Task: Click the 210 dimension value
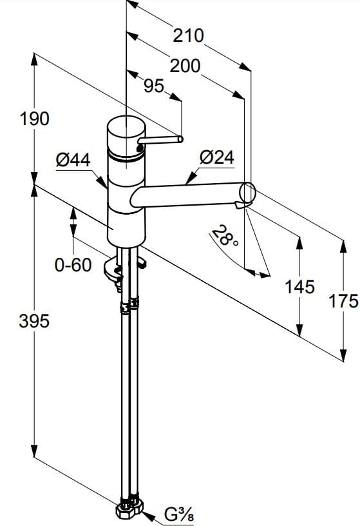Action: tap(189, 35)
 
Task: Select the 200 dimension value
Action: tap(185, 66)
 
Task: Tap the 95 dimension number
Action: tap(154, 86)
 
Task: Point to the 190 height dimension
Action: tap(35, 119)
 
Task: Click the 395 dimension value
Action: tap(34, 321)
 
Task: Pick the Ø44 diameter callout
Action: tap(73, 160)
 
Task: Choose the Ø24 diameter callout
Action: tap(217, 157)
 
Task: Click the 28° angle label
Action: tap(225, 235)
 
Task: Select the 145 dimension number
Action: tap(299, 287)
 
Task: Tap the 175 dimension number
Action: tap(343, 301)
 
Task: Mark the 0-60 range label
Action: tap(73, 265)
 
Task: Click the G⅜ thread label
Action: tap(178, 514)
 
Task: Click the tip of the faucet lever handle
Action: tap(181, 139)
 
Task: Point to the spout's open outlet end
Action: tap(247, 193)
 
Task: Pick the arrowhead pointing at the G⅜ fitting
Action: tap(148, 516)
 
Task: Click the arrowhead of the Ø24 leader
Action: tap(190, 178)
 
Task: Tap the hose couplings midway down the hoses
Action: tap(129, 305)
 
